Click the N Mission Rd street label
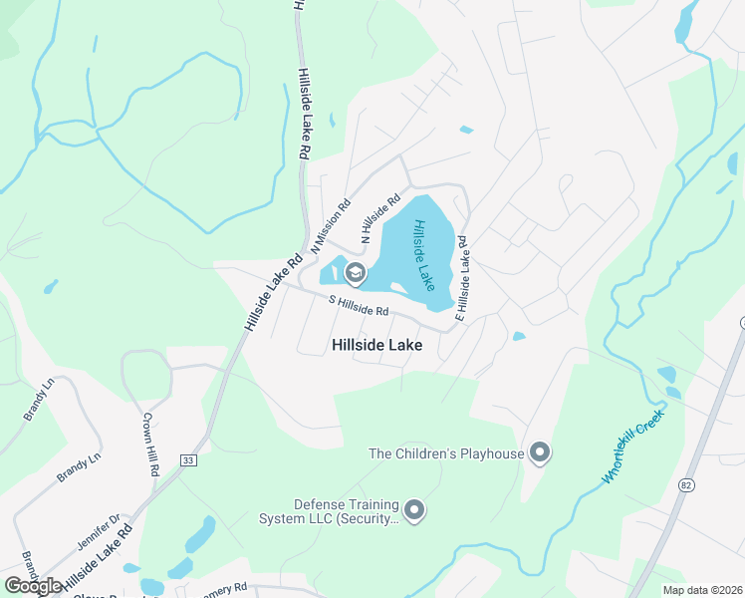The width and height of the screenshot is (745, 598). tap(331, 225)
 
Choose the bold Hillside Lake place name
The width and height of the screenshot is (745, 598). tap(376, 345)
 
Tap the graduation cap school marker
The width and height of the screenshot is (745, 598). tap(355, 273)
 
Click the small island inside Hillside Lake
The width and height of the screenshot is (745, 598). tap(397, 289)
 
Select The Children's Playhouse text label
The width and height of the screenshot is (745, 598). tap(446, 454)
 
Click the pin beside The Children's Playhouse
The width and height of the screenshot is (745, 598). tap(540, 453)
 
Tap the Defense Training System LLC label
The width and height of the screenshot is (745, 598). tap(332, 511)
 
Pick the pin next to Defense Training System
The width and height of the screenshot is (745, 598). tap(415, 511)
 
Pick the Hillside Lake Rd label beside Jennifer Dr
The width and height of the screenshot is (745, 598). tap(98, 563)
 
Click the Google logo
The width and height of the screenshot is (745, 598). tap(33, 586)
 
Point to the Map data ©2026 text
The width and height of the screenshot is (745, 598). tap(701, 590)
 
